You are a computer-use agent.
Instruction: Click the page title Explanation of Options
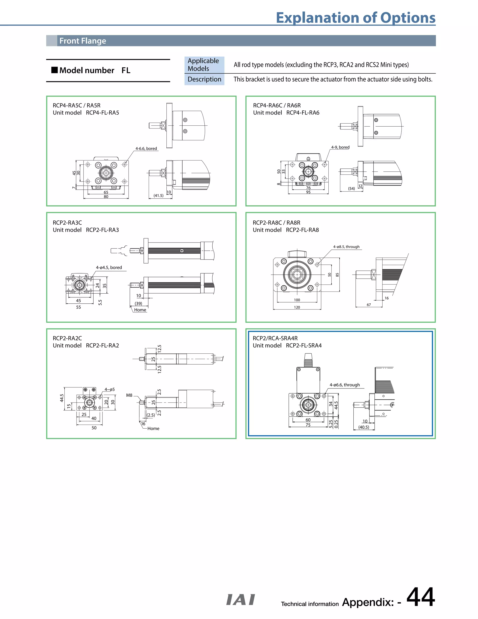pyautogui.click(x=355, y=18)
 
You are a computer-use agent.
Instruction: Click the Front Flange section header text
pyautogui.click(x=83, y=41)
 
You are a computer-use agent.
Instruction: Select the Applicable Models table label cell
pyautogui.click(x=204, y=65)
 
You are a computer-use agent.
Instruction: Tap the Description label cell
pyautogui.click(x=204, y=79)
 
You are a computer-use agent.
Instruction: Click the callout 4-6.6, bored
pyautogui.click(x=146, y=149)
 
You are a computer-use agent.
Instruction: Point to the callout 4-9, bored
pyautogui.click(x=340, y=147)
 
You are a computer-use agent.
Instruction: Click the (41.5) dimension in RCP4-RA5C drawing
pyautogui.click(x=158, y=196)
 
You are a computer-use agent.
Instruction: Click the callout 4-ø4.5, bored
pyautogui.click(x=109, y=267)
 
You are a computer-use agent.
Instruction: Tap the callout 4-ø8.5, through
pyautogui.click(x=346, y=247)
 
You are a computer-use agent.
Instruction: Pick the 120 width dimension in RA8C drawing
pyautogui.click(x=297, y=307)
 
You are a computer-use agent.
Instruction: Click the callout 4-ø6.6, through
pyautogui.click(x=345, y=385)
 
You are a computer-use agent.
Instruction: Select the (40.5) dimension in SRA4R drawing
pyautogui.click(x=364, y=427)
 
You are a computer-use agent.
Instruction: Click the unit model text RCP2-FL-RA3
pyautogui.click(x=102, y=230)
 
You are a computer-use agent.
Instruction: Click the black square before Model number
pyautogui.click(x=54, y=70)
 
